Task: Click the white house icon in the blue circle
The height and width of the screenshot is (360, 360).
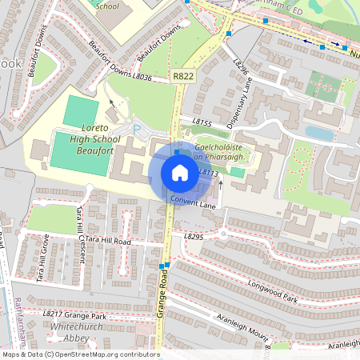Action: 180,173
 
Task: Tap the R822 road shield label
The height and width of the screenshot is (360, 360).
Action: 183,76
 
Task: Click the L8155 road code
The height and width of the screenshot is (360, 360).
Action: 202,123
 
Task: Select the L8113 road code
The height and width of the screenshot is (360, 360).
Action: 207,172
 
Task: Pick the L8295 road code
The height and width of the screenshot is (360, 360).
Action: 194,237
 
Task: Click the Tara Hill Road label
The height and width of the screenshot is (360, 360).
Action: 107,240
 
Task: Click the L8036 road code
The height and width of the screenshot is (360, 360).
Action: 142,78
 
